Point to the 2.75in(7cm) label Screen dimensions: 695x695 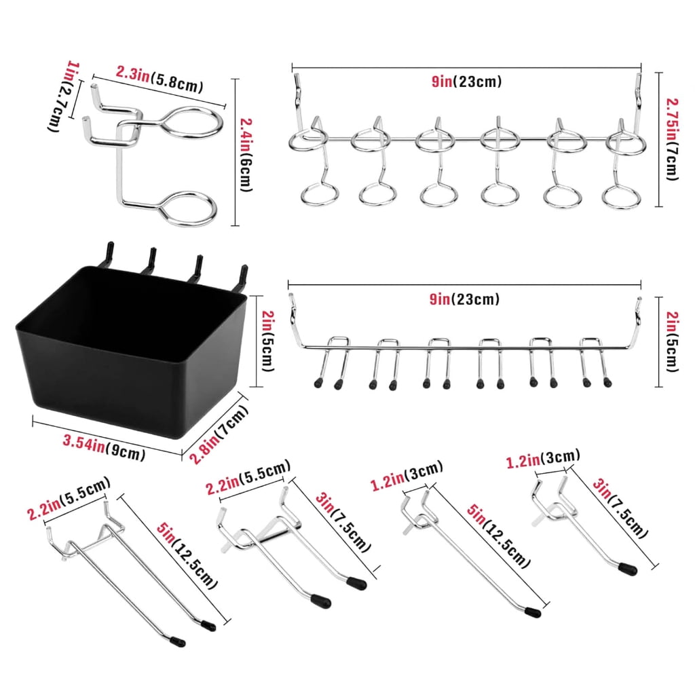click(673, 139)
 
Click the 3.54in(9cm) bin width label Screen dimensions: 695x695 click(104, 448)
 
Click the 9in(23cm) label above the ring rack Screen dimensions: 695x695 click(467, 81)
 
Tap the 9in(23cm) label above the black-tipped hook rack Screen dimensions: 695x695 click(464, 299)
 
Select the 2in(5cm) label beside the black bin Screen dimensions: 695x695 click(268, 341)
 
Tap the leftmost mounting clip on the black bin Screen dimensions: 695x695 click(108, 255)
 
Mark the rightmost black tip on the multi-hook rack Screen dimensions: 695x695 click(607, 382)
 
